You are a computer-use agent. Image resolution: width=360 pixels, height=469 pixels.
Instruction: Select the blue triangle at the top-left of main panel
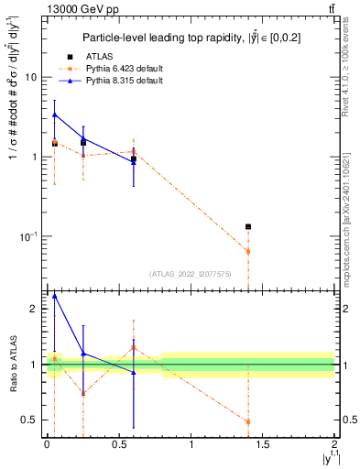pyautogui.click(x=55, y=115)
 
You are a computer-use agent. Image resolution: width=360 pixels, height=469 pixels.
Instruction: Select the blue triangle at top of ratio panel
pyautogui.click(x=55, y=296)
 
